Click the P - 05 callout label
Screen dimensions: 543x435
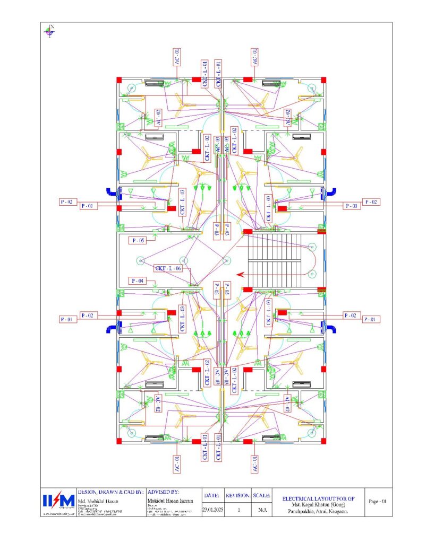pyautogui.click(x=138, y=240)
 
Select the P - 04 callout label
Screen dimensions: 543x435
pyautogui.click(x=137, y=281)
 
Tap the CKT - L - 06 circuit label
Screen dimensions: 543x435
pyautogui.click(x=168, y=268)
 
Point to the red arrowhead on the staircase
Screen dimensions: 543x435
pyautogui.click(x=241, y=274)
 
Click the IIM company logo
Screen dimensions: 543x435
pyautogui.click(x=58, y=501)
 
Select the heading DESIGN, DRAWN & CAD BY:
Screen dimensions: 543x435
pyautogui.click(x=110, y=492)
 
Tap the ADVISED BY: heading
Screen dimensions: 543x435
pyautogui.click(x=165, y=492)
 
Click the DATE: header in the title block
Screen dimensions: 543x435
pyautogui.click(x=212, y=495)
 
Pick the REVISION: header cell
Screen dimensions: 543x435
pyautogui.click(x=238, y=495)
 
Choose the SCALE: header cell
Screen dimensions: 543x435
pyautogui.click(x=261, y=495)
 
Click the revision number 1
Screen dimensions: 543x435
pyautogui.click(x=238, y=510)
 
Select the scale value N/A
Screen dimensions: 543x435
pyautogui.click(x=261, y=510)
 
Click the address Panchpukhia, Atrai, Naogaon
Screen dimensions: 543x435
pyautogui.click(x=317, y=512)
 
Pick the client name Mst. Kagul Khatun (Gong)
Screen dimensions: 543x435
pyautogui.click(x=317, y=506)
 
